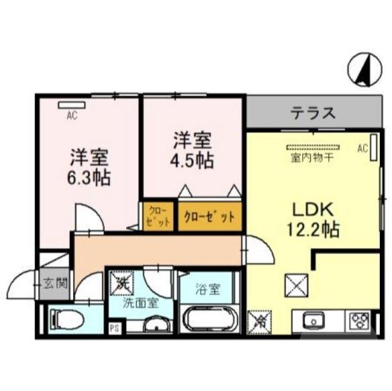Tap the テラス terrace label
(x=312, y=113)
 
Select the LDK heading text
(x=311, y=207)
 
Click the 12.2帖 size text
(x=312, y=229)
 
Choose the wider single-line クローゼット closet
(x=209, y=217)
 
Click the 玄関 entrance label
(x=56, y=282)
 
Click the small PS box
(x=113, y=328)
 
